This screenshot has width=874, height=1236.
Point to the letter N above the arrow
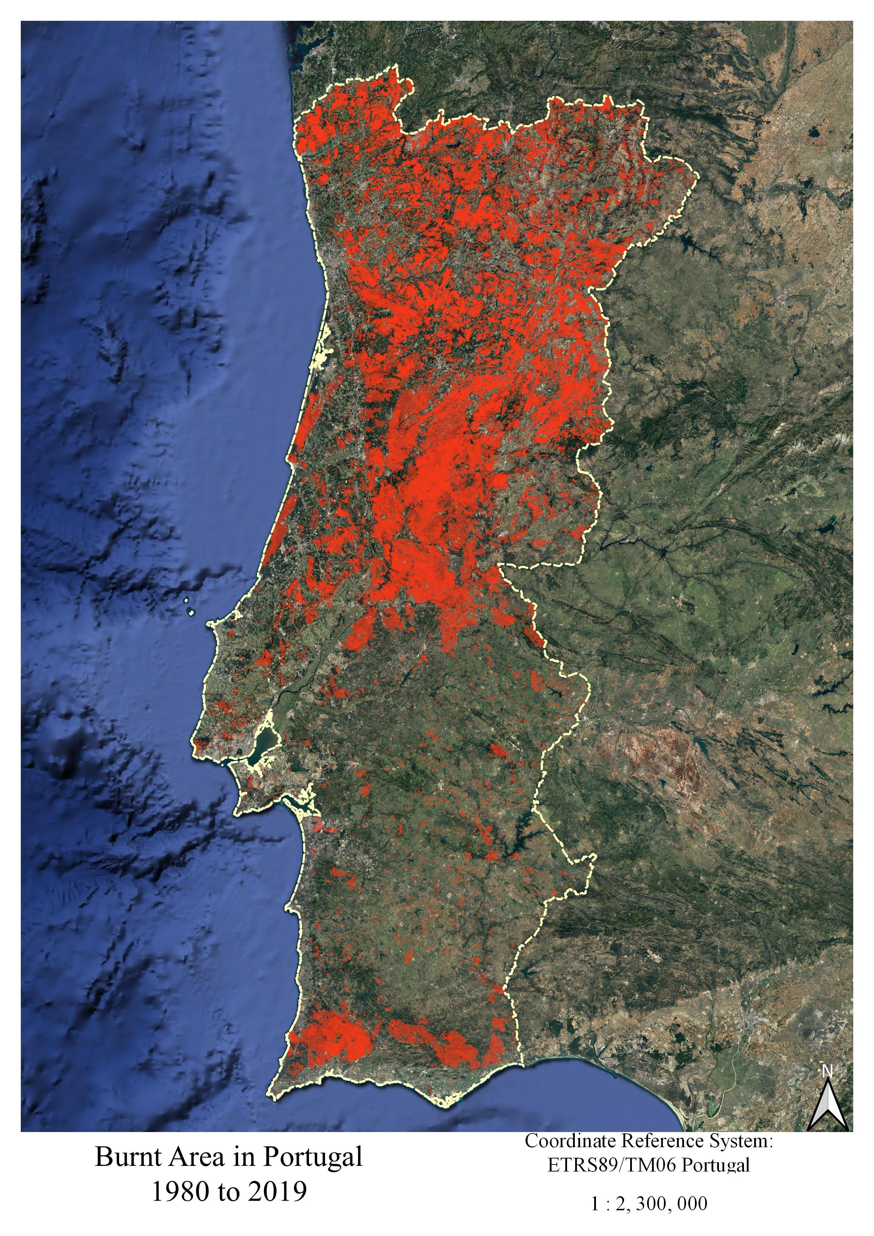[827, 1071]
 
